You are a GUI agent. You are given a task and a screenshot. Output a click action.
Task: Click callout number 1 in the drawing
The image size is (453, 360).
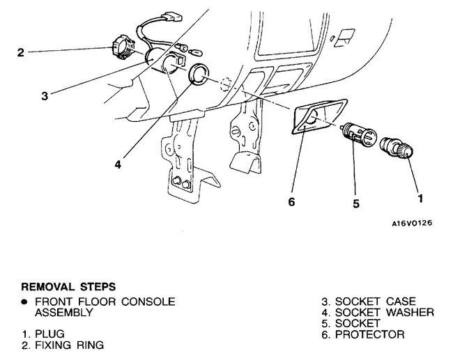420,198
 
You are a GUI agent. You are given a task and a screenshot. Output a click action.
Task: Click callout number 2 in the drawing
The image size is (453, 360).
21,52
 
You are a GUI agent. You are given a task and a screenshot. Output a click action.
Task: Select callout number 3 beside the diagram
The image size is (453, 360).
44,96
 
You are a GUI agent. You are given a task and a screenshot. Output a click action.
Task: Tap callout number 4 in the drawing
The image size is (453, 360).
119,165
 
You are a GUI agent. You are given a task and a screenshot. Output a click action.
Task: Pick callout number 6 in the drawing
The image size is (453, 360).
292,202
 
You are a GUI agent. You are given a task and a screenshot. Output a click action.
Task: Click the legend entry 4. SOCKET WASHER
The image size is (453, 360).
377,312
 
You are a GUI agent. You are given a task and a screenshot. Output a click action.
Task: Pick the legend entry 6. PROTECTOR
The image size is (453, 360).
364,334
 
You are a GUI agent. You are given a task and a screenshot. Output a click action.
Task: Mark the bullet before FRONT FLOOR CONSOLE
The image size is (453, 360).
24,302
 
